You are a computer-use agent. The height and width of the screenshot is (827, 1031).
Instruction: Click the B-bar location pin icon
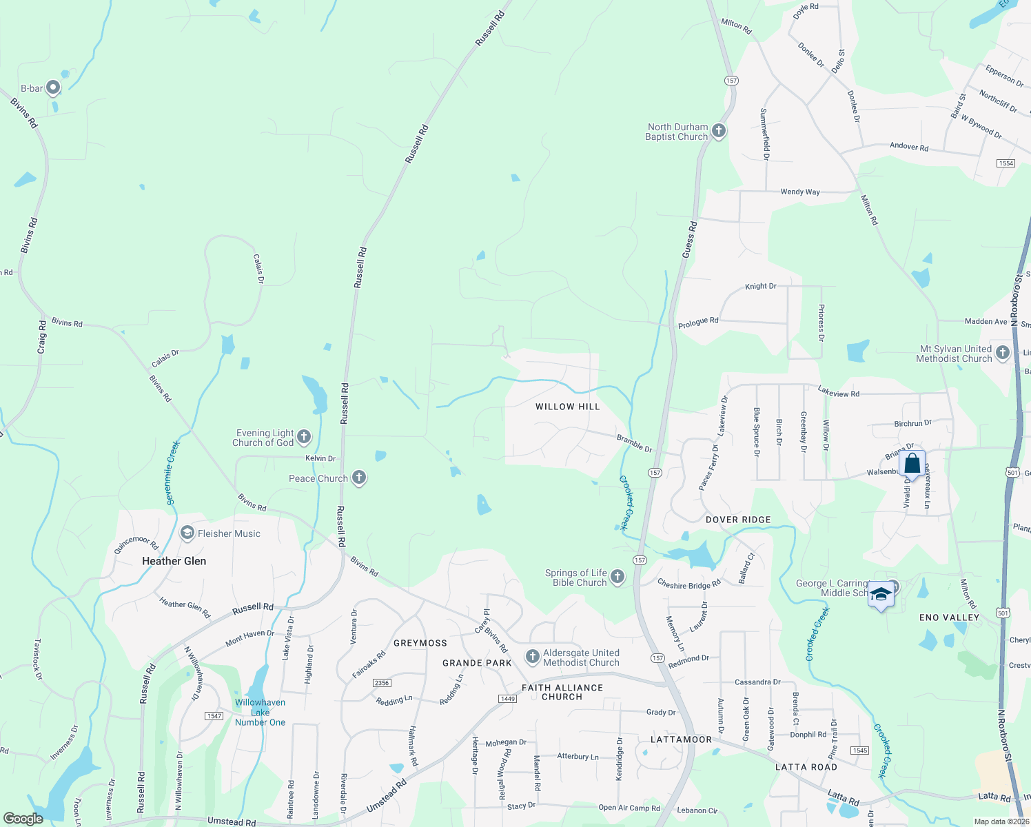point(52,88)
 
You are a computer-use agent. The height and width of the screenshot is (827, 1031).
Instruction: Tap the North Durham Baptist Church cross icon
point(719,131)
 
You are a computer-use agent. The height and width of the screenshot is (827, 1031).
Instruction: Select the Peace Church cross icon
point(358,478)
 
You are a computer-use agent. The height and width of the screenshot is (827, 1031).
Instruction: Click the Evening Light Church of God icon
point(303,437)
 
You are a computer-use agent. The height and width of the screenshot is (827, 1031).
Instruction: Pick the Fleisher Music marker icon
point(187,533)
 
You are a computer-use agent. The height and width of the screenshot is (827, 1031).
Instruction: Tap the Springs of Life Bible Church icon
point(617,577)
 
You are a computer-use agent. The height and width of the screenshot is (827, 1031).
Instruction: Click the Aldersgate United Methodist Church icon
point(532,657)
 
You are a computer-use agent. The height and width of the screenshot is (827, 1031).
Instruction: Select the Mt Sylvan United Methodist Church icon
point(1003,353)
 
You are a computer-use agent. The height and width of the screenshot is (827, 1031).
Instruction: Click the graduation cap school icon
point(881,593)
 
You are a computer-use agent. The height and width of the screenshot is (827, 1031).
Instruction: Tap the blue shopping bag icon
point(912,463)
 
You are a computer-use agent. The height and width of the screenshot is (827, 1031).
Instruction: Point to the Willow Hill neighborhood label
point(568,407)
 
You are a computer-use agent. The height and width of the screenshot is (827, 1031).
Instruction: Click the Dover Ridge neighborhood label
point(738,520)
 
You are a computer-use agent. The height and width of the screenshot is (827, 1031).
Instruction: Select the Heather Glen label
point(174,561)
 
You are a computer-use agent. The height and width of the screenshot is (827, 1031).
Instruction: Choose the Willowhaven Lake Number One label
point(260,713)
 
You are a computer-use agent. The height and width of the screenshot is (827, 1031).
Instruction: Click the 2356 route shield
point(381,683)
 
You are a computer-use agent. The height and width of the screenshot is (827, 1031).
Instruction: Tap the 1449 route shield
point(507,699)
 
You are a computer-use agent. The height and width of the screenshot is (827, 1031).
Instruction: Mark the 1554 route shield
point(1006,163)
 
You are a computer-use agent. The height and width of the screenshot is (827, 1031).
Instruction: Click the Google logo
point(23,819)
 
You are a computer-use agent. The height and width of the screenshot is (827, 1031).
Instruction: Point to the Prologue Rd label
point(698,322)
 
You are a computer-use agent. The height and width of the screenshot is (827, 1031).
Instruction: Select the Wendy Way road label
point(799,192)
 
